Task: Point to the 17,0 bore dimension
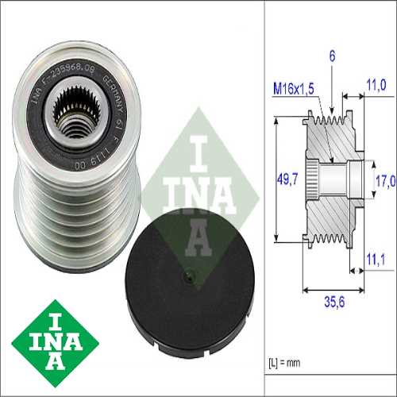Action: tap(384, 181)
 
